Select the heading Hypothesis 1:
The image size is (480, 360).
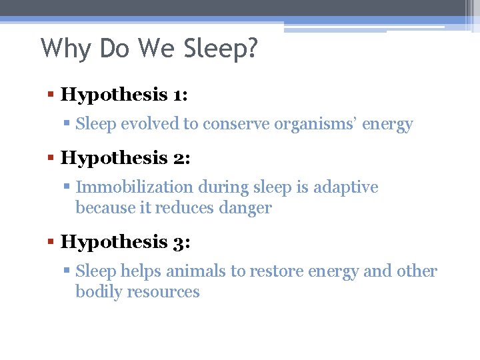point(124,94)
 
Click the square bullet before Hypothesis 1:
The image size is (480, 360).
point(51,95)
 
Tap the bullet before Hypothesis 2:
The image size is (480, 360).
point(51,159)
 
